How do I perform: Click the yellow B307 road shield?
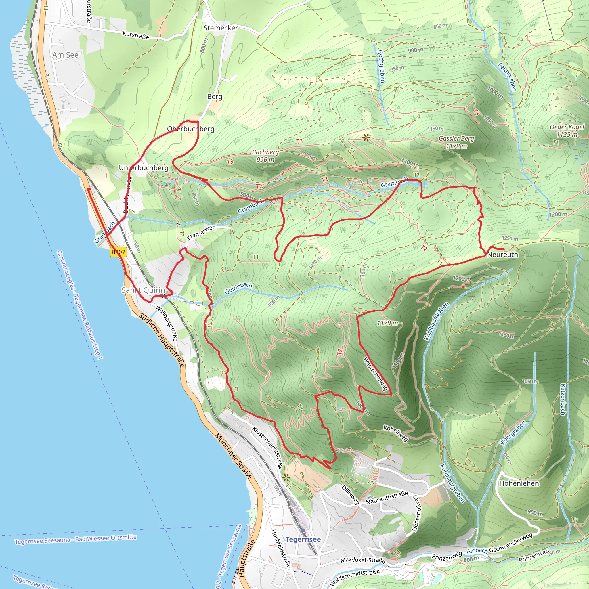point(118,252)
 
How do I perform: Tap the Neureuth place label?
point(502,254)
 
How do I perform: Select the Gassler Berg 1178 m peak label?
point(456,142)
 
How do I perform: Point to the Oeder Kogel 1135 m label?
point(567,131)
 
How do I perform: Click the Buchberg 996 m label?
point(265,156)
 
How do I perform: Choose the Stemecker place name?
point(221,28)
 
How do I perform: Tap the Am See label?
point(65,55)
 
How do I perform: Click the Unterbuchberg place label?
point(143,168)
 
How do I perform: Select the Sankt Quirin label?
point(143,290)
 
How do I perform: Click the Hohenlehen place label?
point(519,483)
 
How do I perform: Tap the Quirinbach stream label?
point(238,288)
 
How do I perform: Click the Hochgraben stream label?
point(381,66)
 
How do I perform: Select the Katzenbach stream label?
point(563,399)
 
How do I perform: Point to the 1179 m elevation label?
point(387,323)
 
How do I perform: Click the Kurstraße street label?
point(136,35)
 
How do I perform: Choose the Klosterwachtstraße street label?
point(267,447)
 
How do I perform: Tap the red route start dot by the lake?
point(88,189)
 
